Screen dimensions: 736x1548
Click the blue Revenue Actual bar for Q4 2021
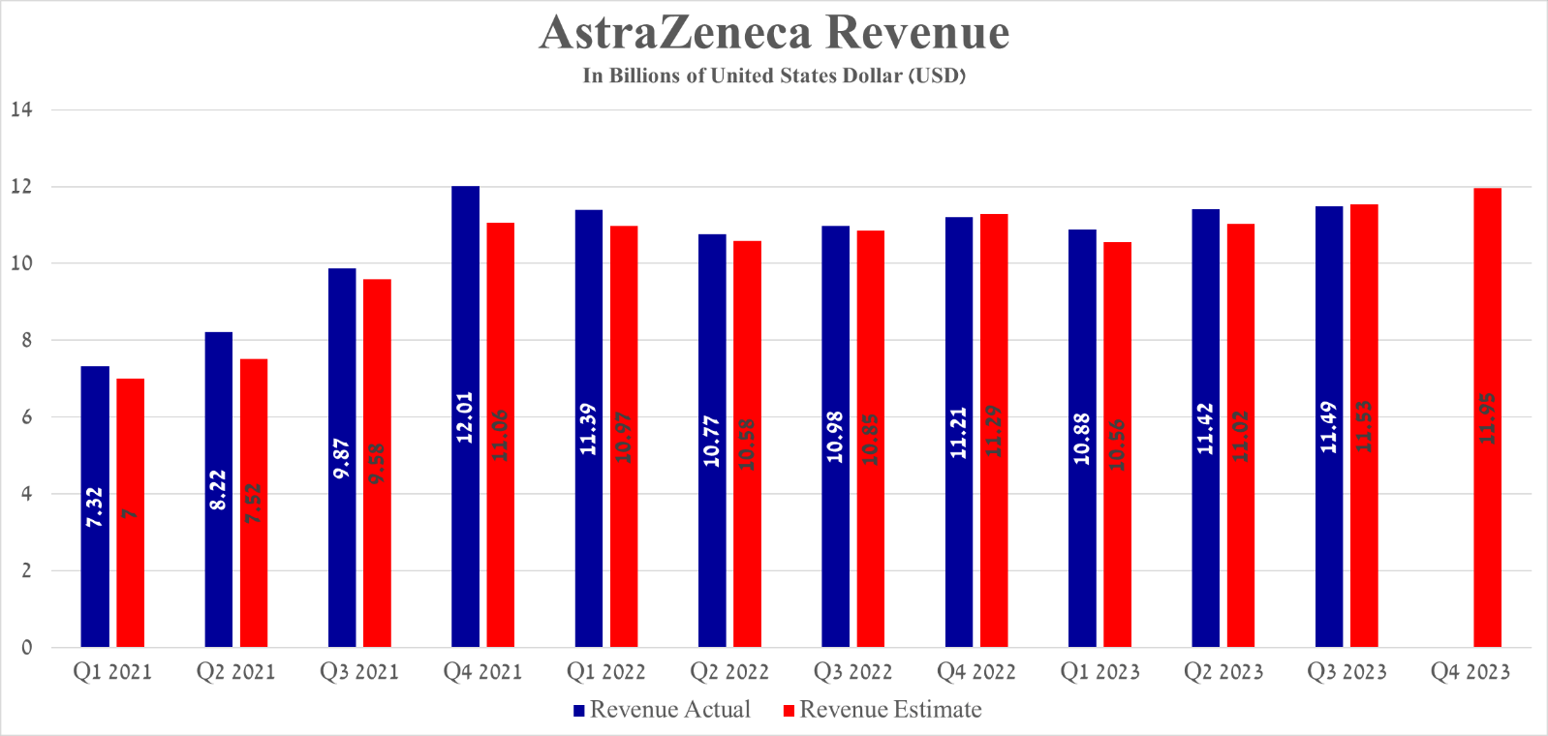pyautogui.click(x=465, y=416)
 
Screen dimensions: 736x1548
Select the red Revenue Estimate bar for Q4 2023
pyautogui.click(x=1487, y=416)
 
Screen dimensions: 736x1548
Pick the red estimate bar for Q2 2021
pyautogui.click(x=254, y=503)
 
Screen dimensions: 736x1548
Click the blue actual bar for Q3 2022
pyautogui.click(x=835, y=436)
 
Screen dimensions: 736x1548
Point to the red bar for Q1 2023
pyautogui.click(x=1117, y=445)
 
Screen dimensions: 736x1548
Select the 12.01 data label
pyautogui.click(x=465, y=417)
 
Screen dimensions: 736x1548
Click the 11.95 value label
pyautogui.click(x=1487, y=418)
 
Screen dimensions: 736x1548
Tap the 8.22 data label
pyautogui.click(x=218, y=490)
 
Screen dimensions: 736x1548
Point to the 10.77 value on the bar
pyautogui.click(x=712, y=441)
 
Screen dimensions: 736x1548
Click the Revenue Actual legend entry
pyautogui.click(x=662, y=710)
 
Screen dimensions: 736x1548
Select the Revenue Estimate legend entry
pyautogui.click(x=882, y=710)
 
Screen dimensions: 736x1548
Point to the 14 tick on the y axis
pyautogui.click(x=21, y=109)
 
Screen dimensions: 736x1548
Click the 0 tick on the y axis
pyautogui.click(x=26, y=647)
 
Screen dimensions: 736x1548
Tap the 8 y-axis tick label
pyautogui.click(x=26, y=340)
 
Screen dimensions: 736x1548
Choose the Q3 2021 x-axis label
pyautogui.click(x=359, y=672)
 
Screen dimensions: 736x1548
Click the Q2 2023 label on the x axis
pyautogui.click(x=1223, y=672)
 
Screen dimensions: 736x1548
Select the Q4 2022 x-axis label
pyautogui.click(x=976, y=672)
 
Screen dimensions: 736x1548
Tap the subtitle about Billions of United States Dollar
pyautogui.click(x=774, y=76)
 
